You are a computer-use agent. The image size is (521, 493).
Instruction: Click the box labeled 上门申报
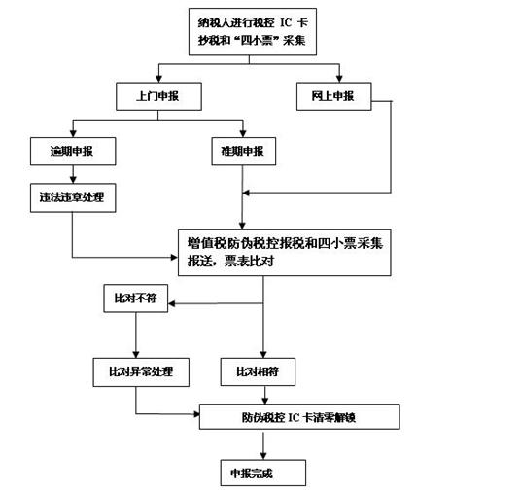[x=158, y=96]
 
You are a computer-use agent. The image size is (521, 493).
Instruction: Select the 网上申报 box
[x=334, y=96]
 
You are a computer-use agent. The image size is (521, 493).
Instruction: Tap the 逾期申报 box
[x=73, y=152]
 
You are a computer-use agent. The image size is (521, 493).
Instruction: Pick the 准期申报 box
[x=244, y=152]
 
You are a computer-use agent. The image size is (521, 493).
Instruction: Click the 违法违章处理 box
[x=73, y=197]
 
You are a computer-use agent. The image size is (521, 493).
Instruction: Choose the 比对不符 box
[x=136, y=299]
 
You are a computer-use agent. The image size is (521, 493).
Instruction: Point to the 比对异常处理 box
[x=141, y=372]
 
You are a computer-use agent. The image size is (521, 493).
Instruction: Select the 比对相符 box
[x=258, y=372]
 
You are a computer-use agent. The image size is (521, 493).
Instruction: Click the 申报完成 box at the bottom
[x=263, y=473]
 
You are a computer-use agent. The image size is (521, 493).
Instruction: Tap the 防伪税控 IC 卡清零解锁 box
[x=299, y=417]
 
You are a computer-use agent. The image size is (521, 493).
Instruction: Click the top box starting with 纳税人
[x=253, y=31]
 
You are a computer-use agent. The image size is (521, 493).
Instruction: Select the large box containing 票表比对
[x=285, y=253]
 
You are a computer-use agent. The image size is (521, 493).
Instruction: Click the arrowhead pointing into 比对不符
[x=171, y=303]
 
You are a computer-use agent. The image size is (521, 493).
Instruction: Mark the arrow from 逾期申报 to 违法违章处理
[x=73, y=174]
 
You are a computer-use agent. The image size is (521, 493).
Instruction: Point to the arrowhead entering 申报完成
[x=263, y=456]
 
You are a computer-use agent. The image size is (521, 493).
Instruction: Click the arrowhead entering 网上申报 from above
[x=339, y=79]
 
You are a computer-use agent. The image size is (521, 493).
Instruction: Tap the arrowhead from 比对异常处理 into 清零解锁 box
[x=196, y=414]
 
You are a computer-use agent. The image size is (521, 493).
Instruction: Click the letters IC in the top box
[x=286, y=23]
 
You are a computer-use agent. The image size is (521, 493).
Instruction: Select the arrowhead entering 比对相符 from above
[x=263, y=354]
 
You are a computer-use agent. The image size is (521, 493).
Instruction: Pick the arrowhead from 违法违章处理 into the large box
[x=174, y=257]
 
